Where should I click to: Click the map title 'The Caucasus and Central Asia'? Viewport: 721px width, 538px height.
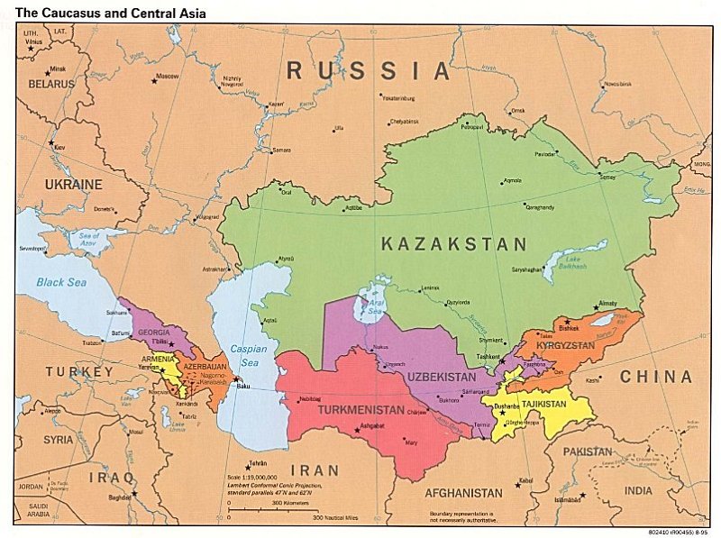coord(111,14)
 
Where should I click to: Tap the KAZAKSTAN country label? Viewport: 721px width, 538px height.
coord(453,244)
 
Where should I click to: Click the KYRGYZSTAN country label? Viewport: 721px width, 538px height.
coord(565,345)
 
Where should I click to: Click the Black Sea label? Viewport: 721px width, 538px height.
coord(59,282)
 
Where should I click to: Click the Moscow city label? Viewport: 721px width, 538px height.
coord(167,76)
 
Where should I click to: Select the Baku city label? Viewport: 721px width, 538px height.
coord(242,387)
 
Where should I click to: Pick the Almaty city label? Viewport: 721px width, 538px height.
coord(607,304)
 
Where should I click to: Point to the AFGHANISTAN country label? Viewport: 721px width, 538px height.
coord(462,493)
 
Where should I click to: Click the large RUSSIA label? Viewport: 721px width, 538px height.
coord(367,70)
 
